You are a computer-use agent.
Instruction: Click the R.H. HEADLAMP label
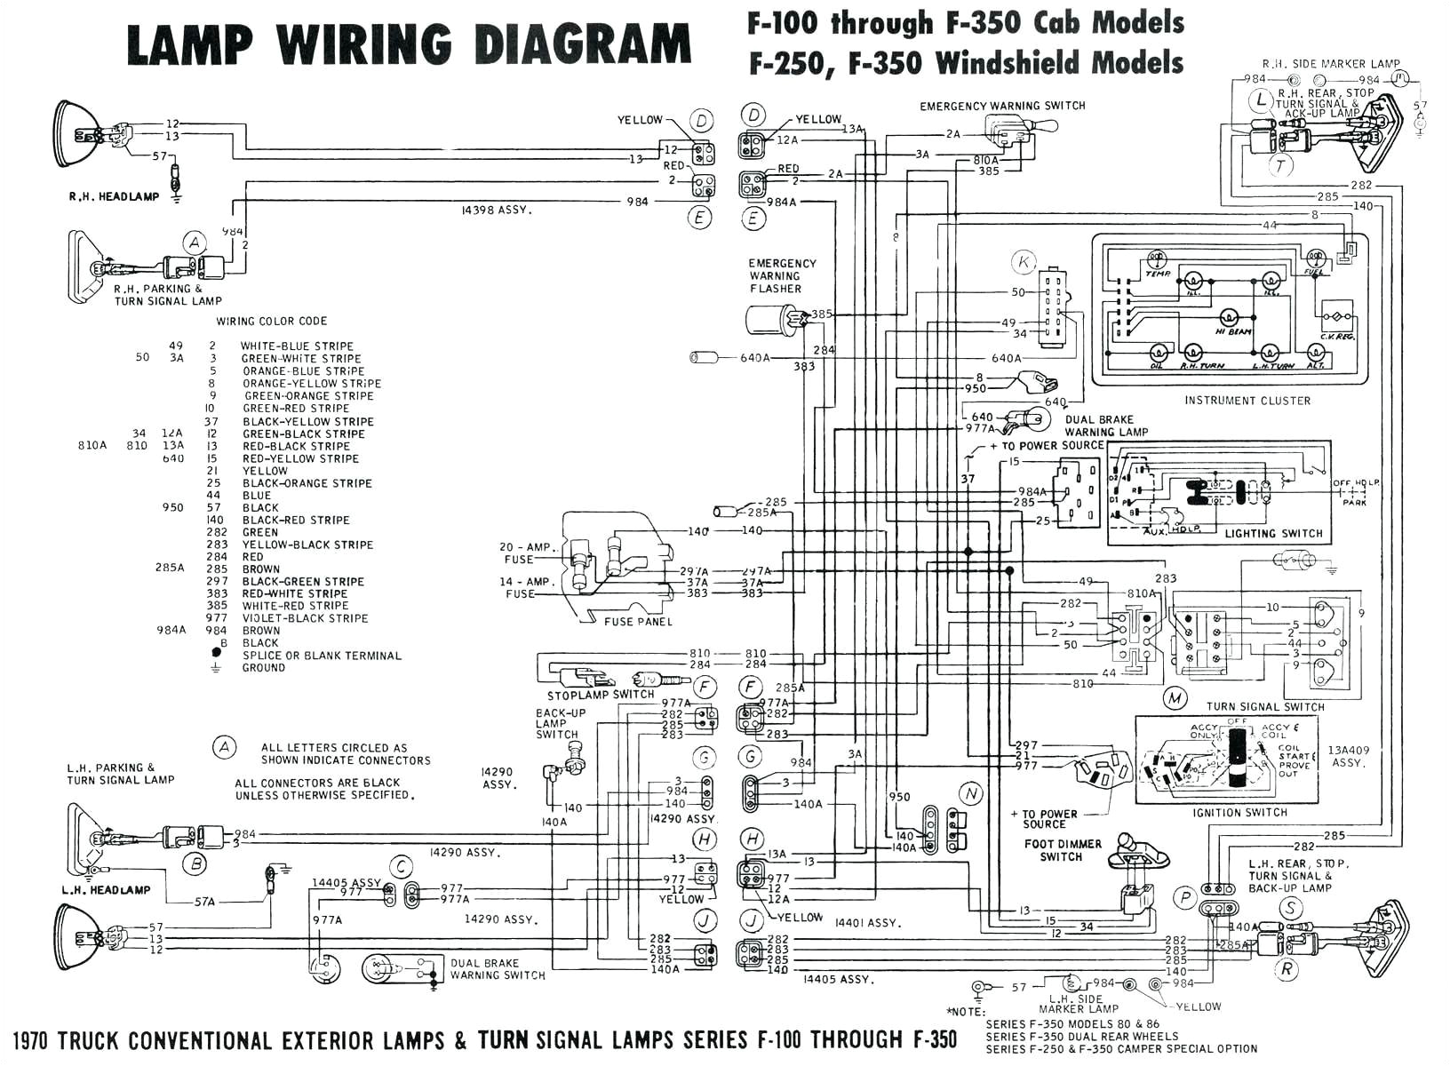point(114,196)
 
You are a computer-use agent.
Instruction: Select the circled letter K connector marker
point(1024,262)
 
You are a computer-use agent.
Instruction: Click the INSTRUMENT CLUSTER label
point(1247,401)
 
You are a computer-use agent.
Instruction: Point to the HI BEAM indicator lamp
point(1232,322)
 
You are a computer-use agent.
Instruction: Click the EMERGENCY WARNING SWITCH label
point(1002,106)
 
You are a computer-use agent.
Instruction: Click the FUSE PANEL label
point(638,621)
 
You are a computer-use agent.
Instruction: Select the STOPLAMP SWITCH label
point(600,695)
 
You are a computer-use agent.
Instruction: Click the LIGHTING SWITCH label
point(1273,534)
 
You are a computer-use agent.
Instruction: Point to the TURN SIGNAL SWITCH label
point(1265,707)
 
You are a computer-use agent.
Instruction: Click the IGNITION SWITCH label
point(1240,813)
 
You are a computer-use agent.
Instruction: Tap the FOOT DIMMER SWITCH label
point(1062,850)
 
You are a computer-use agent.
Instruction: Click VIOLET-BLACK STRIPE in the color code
point(305,618)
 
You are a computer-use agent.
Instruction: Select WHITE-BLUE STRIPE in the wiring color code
point(297,346)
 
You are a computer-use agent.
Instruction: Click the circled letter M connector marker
point(1175,698)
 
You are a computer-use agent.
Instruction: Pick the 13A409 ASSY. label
point(1348,756)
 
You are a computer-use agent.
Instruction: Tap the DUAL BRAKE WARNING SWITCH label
point(498,969)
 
